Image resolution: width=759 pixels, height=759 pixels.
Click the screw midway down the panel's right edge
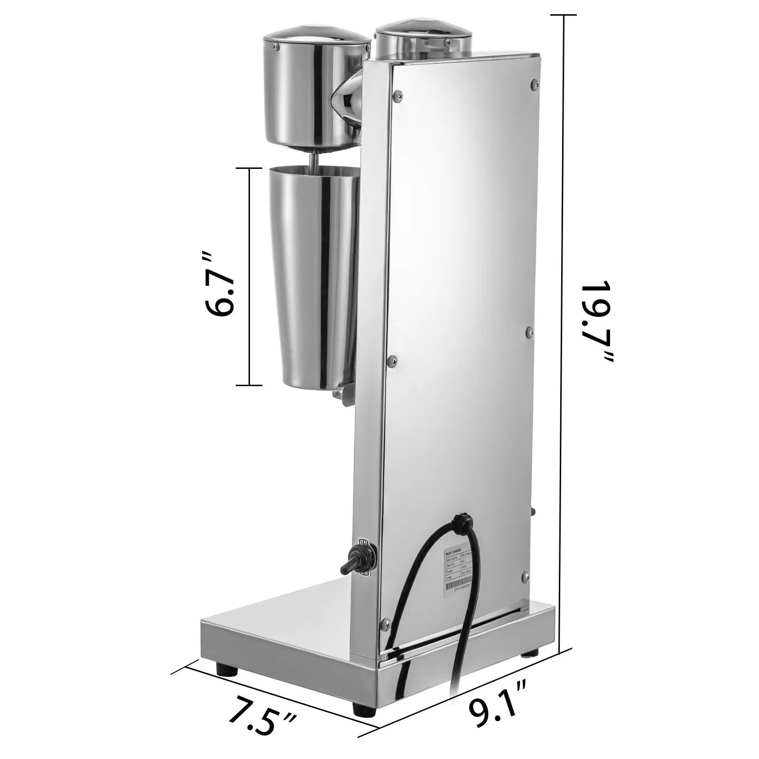point(530,333)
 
